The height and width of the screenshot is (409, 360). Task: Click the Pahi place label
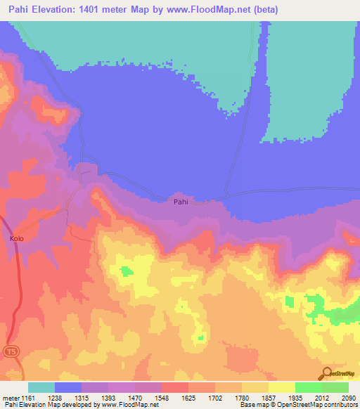coord(181,202)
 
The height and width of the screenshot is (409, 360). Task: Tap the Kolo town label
coord(17,239)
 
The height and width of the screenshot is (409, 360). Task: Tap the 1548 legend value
coord(165,398)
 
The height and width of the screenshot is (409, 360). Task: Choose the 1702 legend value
coord(219,398)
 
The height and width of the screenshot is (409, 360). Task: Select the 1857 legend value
coord(274,398)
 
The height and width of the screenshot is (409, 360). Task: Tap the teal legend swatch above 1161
coord(41,387)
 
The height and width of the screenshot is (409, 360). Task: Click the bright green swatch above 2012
coord(309,387)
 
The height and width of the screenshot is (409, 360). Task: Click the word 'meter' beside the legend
coord(8,398)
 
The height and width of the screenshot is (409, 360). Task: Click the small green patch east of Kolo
coord(127,271)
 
